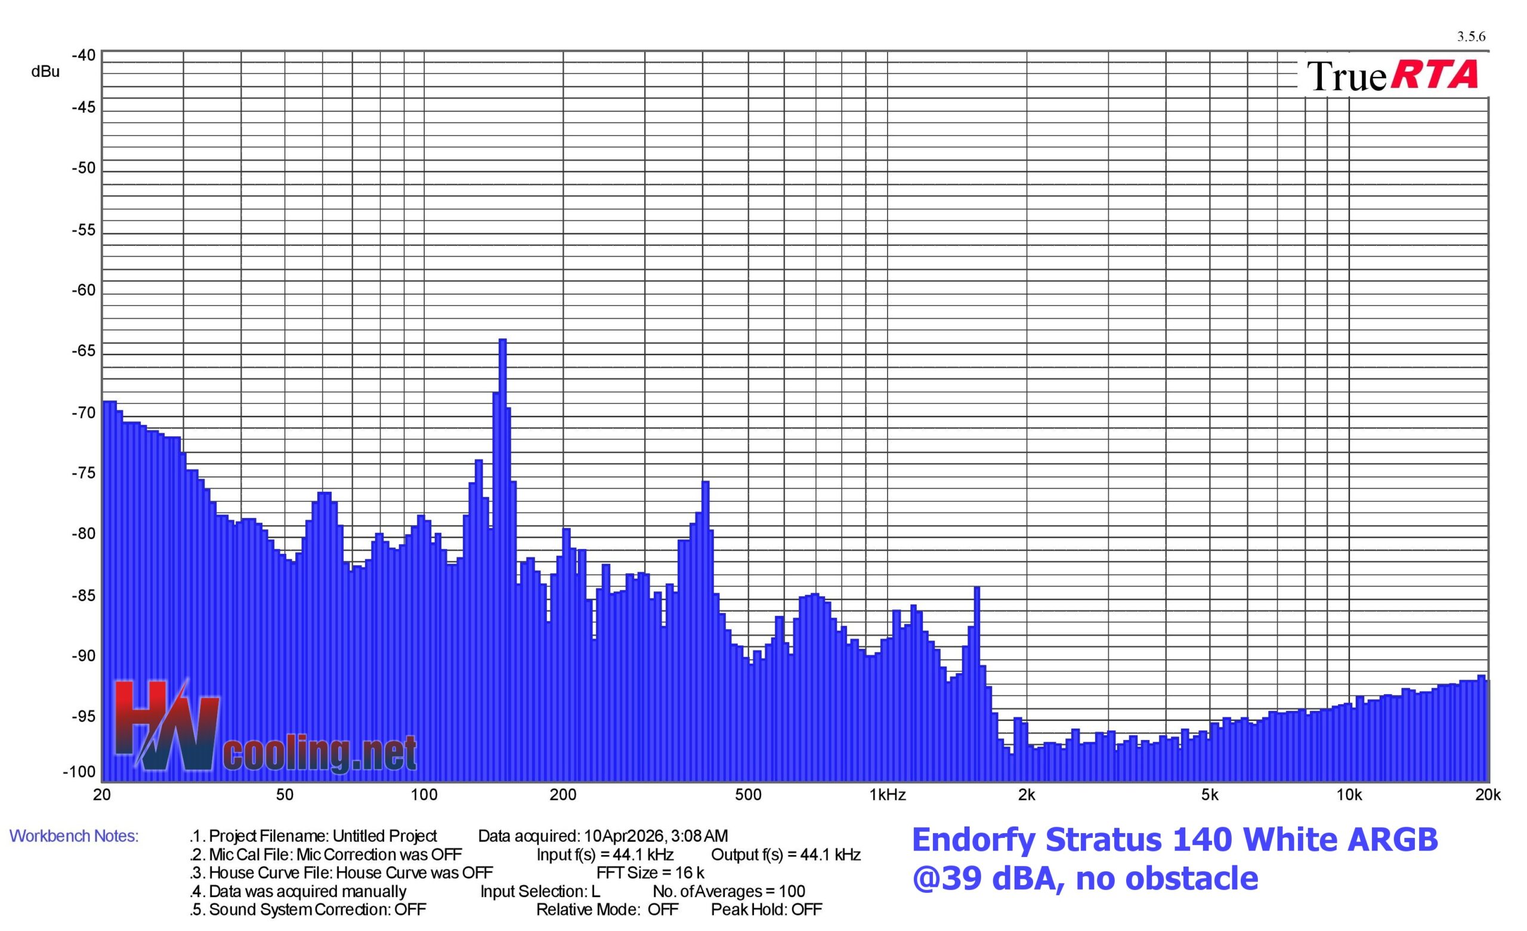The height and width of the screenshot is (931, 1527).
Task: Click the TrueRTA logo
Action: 1392,76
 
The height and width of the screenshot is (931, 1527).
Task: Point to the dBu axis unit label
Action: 45,72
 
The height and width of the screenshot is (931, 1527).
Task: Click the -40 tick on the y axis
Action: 84,56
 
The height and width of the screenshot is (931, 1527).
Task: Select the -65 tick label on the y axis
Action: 84,352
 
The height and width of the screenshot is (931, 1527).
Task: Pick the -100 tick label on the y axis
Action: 79,772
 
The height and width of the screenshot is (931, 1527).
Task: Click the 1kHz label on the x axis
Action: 888,795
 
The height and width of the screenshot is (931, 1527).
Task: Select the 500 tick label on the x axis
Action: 748,795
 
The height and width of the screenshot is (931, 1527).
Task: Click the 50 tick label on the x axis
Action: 285,795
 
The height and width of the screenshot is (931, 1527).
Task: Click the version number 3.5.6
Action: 1470,36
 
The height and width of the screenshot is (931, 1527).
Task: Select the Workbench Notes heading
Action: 74,836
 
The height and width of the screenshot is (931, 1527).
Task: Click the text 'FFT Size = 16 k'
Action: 650,873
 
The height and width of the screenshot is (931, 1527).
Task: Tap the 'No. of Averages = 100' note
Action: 729,892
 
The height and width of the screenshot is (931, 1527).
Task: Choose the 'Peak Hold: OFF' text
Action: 766,910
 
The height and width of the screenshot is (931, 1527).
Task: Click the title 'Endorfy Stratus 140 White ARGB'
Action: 1174,840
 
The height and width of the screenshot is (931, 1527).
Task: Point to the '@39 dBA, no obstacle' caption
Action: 1084,878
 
